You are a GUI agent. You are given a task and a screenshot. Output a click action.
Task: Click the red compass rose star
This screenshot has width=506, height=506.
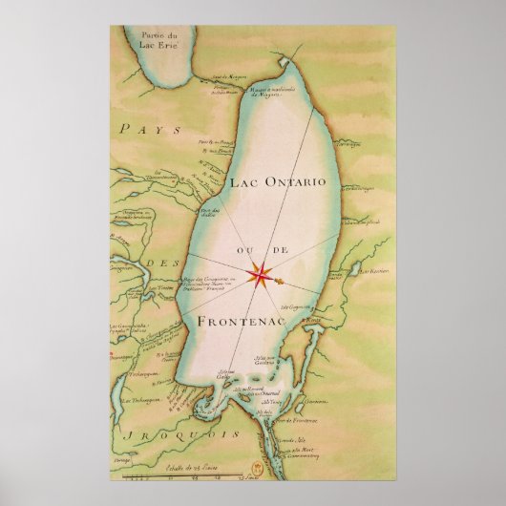259,276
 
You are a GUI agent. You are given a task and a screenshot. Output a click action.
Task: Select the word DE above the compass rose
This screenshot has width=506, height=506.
281,252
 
